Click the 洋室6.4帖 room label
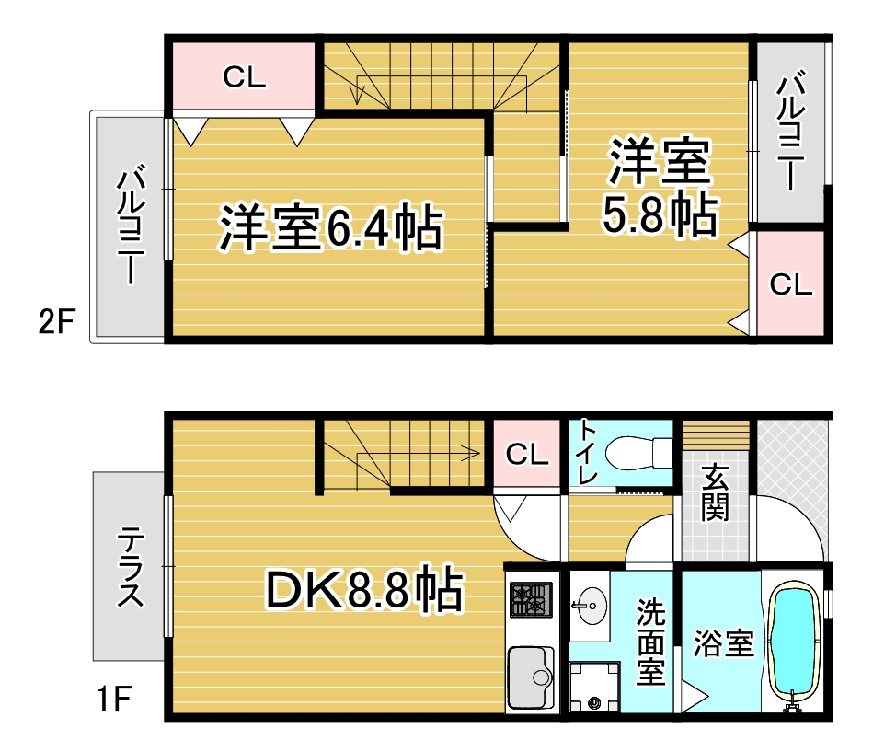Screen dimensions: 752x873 pos(329,228)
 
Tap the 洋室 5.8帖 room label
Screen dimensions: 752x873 pos(659,191)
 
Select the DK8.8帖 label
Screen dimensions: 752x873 pos(363,590)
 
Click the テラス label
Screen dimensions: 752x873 pos(131,567)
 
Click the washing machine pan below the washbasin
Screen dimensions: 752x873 pos(593,688)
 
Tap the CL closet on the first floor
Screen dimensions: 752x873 pos(527,453)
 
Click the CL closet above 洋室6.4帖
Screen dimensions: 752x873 pos(244,77)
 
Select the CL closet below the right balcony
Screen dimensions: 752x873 pos(790,284)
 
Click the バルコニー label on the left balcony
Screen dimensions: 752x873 pos(130,226)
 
